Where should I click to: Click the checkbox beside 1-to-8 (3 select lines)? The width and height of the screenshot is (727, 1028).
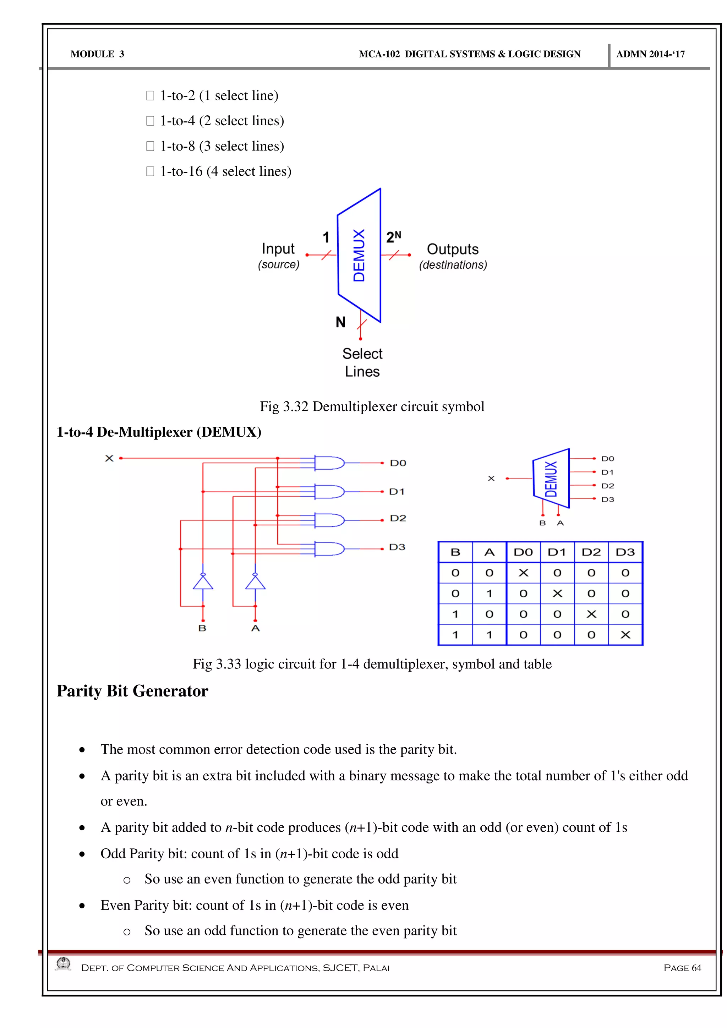(x=150, y=146)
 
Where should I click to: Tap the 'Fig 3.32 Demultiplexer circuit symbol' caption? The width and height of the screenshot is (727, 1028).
(x=372, y=406)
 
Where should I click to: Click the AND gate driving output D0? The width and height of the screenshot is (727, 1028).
(x=329, y=463)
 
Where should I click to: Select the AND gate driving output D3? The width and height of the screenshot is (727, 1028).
(x=329, y=548)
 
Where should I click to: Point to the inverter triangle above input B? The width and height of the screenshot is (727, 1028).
(x=203, y=583)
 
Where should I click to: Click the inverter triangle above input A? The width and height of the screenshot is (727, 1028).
(x=255, y=583)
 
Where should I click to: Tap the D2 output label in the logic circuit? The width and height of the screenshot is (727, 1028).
(x=398, y=519)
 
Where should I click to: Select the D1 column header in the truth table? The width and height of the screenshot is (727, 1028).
(x=557, y=552)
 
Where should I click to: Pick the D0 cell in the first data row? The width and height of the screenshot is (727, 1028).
(x=523, y=573)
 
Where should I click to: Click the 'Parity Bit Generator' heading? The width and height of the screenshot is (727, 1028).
(x=132, y=691)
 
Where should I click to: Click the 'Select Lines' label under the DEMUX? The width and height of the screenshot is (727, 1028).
(x=362, y=363)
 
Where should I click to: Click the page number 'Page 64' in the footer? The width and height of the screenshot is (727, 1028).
(x=682, y=968)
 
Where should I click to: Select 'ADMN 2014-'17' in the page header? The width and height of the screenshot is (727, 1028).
(x=650, y=54)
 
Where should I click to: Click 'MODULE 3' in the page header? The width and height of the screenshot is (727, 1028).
(x=97, y=54)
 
